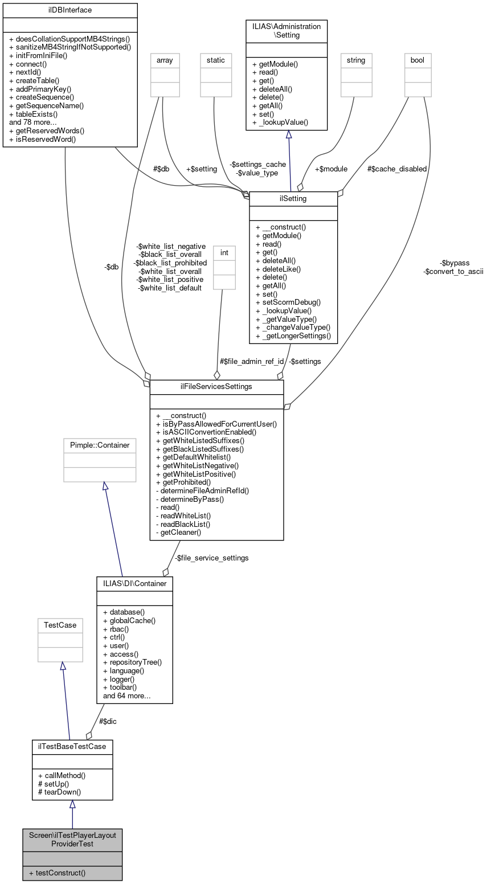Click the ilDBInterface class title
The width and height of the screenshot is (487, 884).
[70, 10]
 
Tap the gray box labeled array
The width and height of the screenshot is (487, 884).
[164, 60]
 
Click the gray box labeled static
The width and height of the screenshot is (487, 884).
[216, 60]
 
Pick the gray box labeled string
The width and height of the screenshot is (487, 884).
[355, 60]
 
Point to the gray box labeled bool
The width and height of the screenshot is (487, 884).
[418, 60]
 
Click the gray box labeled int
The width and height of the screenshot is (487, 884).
[224, 252]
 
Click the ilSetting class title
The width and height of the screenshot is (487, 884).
[293, 198]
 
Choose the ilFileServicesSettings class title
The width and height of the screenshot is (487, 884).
[216, 387]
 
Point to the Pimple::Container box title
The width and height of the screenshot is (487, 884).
[100, 445]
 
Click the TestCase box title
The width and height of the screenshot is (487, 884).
[60, 625]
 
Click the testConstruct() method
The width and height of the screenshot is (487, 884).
[61, 873]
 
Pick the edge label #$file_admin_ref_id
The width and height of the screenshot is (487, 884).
[252, 361]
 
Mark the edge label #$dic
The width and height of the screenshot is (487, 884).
[108, 721]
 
